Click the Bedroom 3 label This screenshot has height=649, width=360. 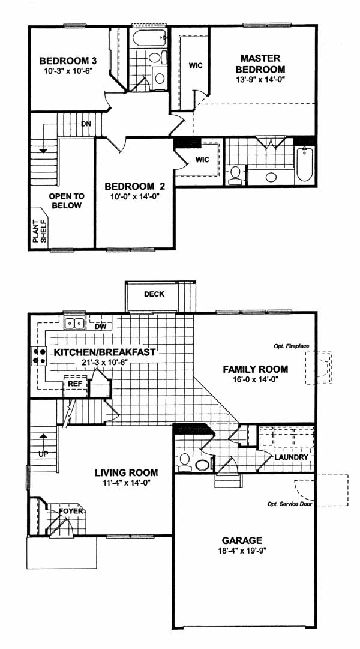66,61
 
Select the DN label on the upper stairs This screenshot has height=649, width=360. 86,124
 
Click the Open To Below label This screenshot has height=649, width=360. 67,201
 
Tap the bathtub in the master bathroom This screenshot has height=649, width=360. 304,165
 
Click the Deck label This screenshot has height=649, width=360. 154,294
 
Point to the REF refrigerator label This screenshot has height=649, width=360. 76,383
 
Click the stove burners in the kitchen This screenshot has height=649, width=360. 38,356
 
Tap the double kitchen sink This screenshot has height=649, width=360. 75,322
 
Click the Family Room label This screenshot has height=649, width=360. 256,369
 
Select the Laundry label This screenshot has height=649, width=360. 291,457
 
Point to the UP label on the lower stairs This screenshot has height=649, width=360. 43,454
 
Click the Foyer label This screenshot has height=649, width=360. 71,511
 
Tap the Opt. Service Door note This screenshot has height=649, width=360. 289,504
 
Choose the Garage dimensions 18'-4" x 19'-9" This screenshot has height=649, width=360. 242,551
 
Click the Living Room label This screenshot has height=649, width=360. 126,472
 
